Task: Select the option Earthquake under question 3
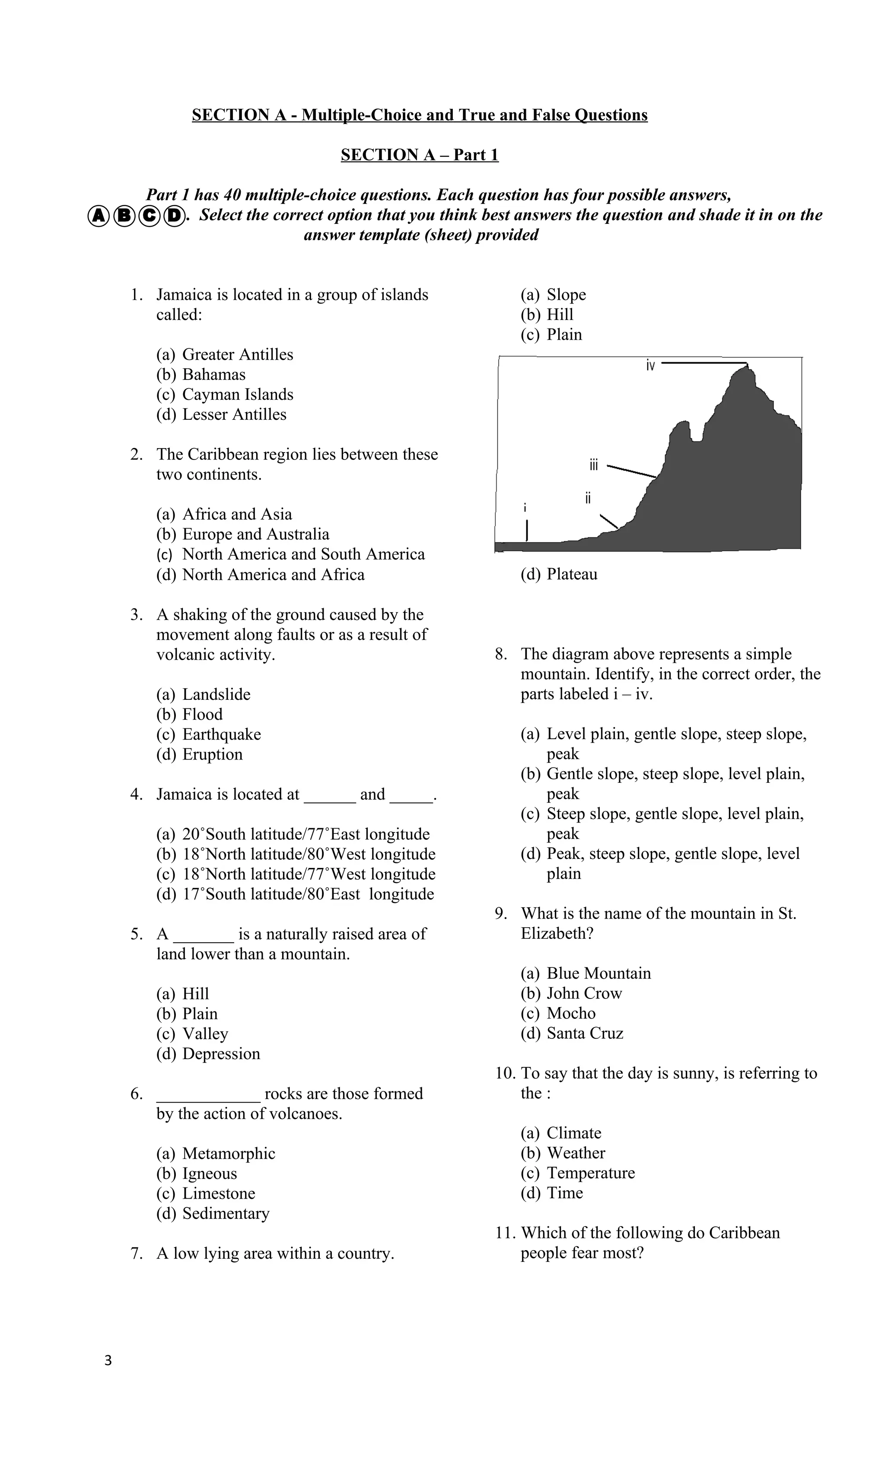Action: coord(221,734)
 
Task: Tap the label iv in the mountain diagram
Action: coord(650,366)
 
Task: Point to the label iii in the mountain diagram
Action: coord(593,465)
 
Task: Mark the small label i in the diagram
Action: coord(525,508)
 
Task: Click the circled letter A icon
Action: coord(98,217)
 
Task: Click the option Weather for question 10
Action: coord(576,1153)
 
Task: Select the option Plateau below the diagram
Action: coord(571,574)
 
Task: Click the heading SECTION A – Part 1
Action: coord(420,155)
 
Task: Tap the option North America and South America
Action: coord(303,555)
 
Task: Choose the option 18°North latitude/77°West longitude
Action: coord(308,874)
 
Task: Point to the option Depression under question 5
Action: coord(221,1054)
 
